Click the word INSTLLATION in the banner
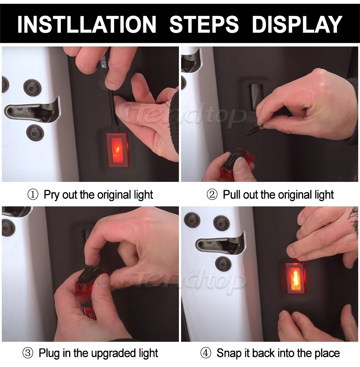coord(87,24)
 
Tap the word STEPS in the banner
coord(204,24)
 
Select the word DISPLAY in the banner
coord(297,24)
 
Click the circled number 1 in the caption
coord(33,195)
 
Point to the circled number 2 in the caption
coord(212,195)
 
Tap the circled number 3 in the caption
coord(28,353)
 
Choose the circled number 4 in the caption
coord(206,353)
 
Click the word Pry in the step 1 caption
coord(51,195)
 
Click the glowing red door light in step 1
coord(118,150)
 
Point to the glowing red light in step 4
coord(296,278)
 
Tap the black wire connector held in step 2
coord(253,129)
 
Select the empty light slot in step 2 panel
coord(256,96)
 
